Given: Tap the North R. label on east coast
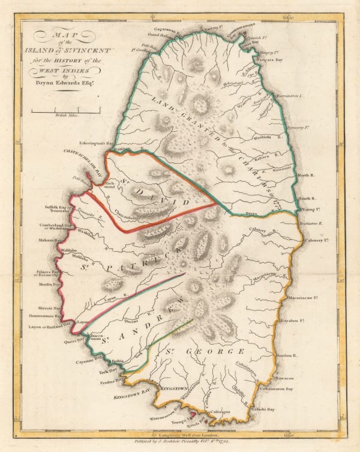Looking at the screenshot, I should pos(307,175).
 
